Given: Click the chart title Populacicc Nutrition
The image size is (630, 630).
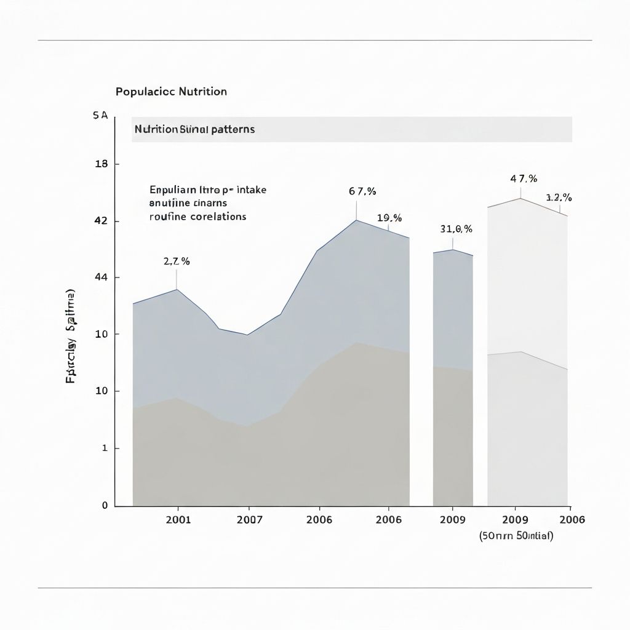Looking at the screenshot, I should [171, 92].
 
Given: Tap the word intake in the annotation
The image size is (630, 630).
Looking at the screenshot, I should [252, 190].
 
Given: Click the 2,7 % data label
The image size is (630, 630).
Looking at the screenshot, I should [177, 261].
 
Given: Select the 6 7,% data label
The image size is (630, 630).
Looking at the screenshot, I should [362, 191].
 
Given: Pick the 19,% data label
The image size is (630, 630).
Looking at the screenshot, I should [389, 218].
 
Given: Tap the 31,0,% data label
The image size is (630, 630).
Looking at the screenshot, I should [456, 229].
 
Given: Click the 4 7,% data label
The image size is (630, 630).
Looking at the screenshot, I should [524, 178].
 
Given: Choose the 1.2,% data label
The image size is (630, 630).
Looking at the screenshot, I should [559, 197].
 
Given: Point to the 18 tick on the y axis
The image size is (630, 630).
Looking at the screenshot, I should [102, 164].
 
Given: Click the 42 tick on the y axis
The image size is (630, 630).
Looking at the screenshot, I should [102, 221].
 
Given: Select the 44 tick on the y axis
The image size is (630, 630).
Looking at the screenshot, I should [102, 277].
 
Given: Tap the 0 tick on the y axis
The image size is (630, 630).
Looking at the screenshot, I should [105, 505].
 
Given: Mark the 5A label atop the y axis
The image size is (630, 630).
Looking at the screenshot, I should [100, 116].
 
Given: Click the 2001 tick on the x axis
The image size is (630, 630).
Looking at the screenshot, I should [178, 519].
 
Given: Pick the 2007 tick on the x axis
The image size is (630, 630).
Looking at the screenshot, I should [250, 519].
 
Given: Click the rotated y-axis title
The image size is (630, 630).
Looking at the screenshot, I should [71, 335].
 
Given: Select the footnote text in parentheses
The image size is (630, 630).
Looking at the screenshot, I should [516, 535].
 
